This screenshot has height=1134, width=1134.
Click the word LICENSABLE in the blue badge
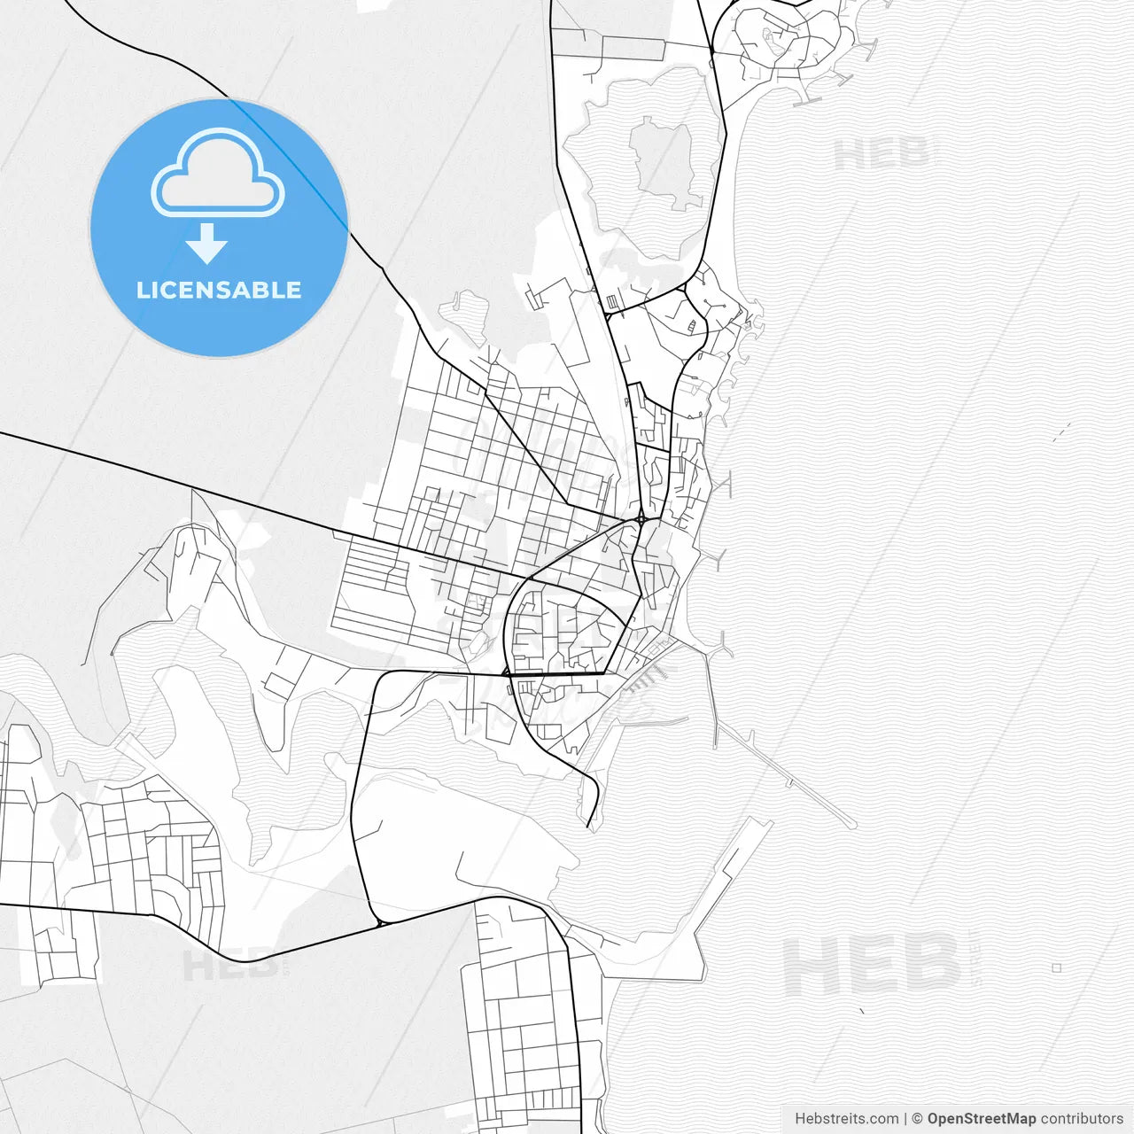219,290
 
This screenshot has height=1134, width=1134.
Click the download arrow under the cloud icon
207,243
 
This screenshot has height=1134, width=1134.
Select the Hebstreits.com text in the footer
846,1119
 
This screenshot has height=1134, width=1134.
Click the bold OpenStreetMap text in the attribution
981,1119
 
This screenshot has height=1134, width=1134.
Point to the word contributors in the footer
1081,1119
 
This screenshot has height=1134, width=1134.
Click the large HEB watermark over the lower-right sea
873,966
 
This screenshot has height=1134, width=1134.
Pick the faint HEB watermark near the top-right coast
882,155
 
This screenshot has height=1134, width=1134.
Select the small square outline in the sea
1056,967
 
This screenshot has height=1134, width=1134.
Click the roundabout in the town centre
641,518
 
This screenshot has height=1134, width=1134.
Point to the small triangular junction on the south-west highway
382,923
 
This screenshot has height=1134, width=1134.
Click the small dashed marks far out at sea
1060,432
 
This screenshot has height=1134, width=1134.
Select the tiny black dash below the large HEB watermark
862,1010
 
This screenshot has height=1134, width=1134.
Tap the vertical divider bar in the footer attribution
905,1119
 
